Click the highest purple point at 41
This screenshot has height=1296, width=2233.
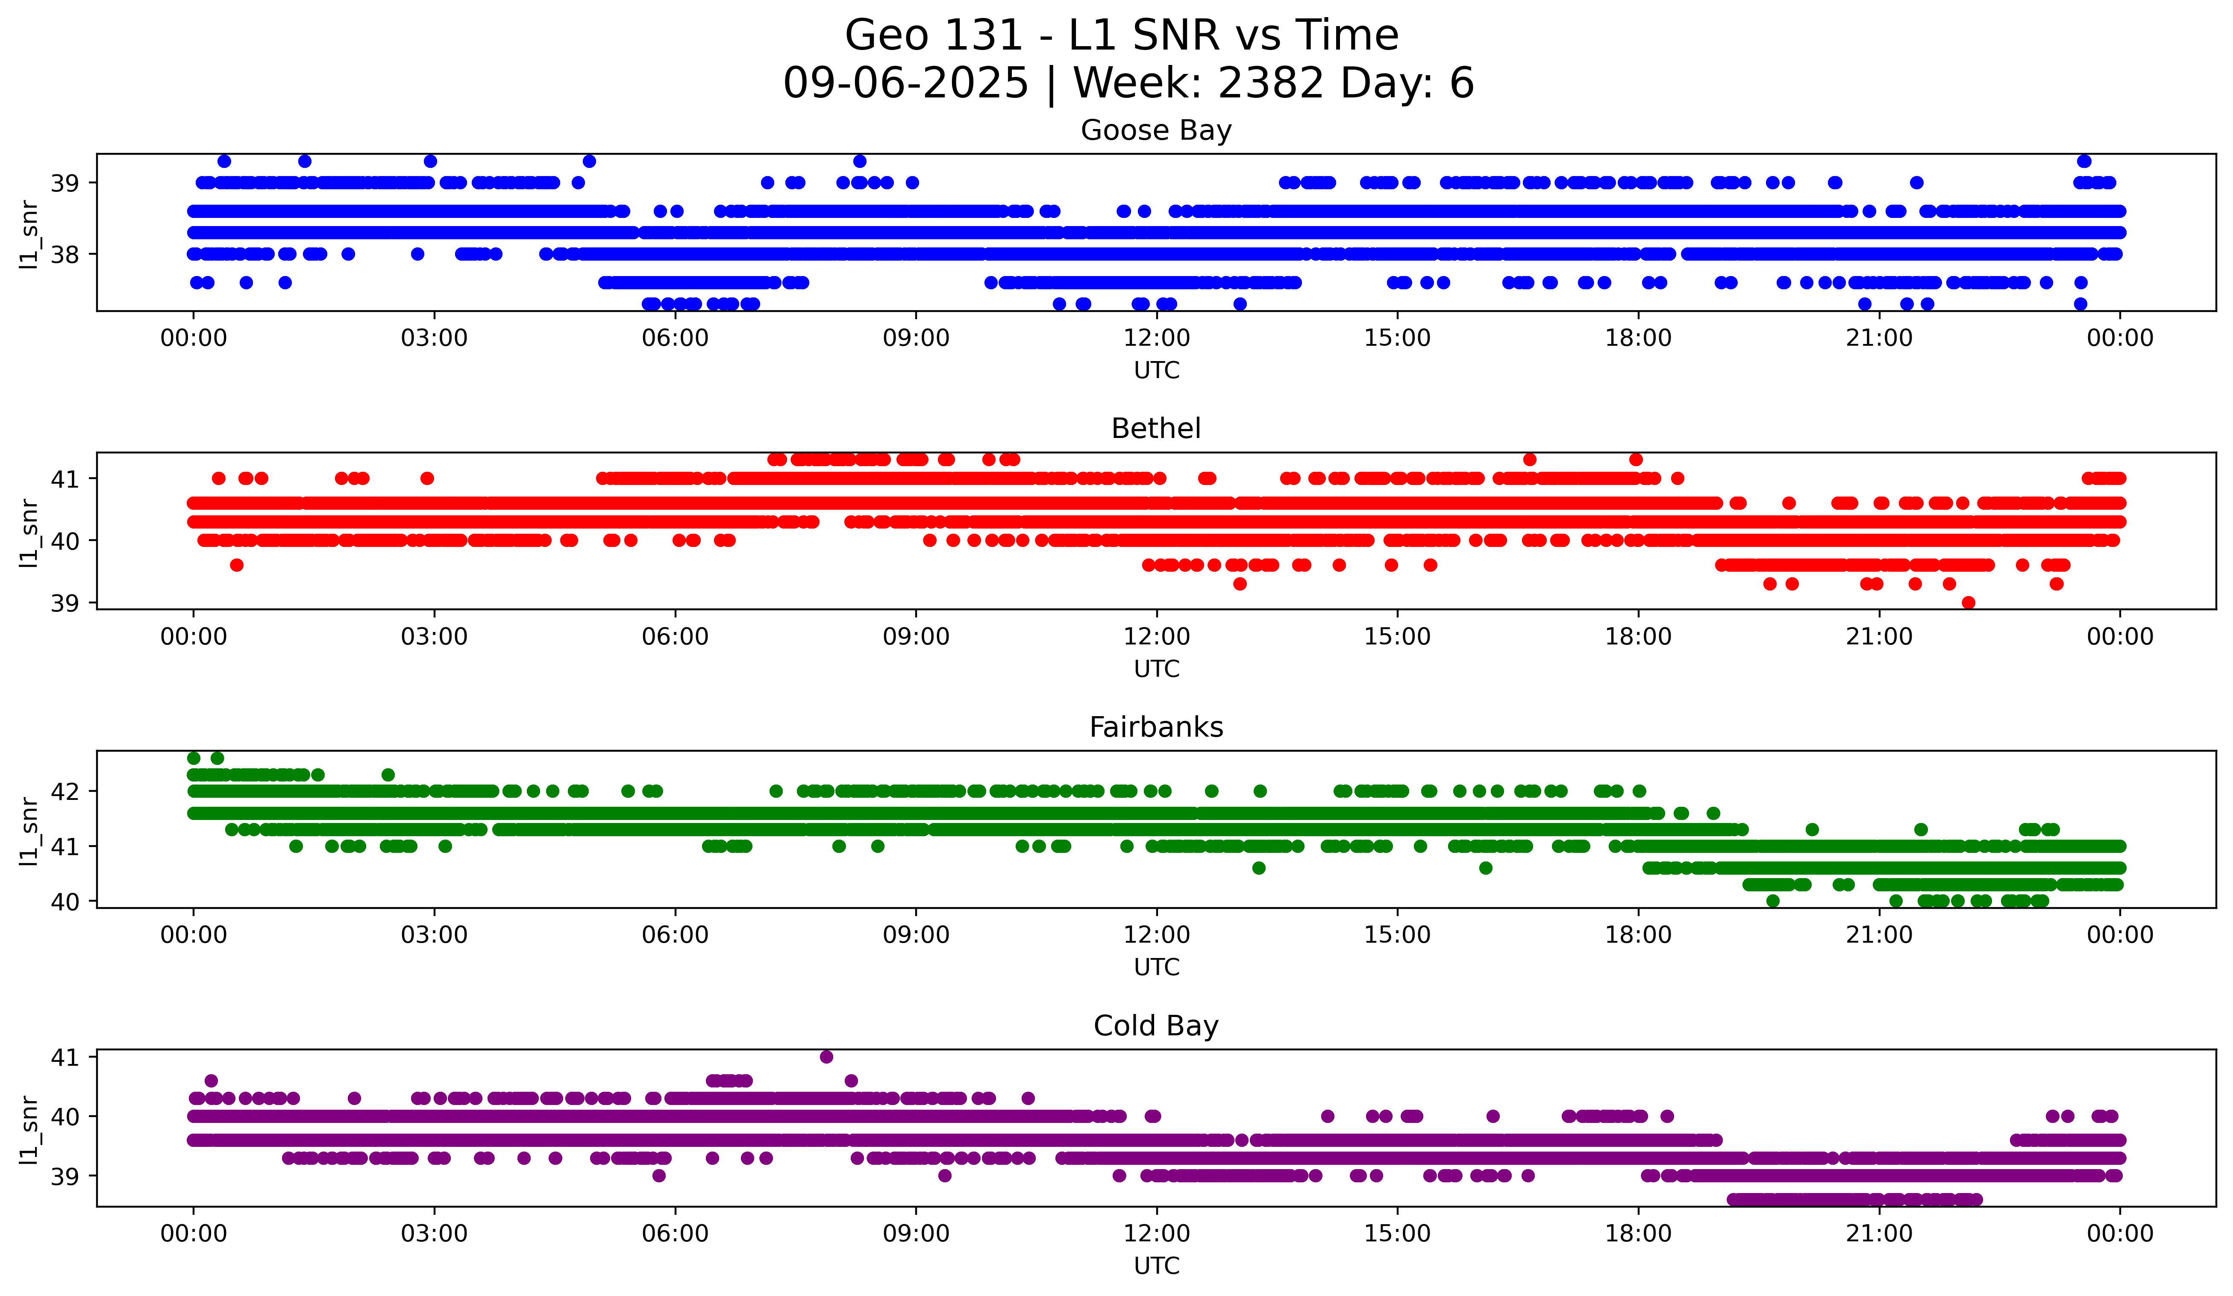pyautogui.click(x=827, y=1057)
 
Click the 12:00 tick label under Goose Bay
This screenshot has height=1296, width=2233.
pyautogui.click(x=1156, y=338)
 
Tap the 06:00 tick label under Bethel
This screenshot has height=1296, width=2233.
pyautogui.click(x=675, y=637)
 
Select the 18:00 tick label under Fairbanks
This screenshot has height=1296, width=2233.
pyautogui.click(x=1638, y=935)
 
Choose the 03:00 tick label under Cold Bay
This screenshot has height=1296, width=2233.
pyautogui.click(x=434, y=1234)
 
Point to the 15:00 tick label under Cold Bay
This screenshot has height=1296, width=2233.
pyautogui.click(x=1397, y=1234)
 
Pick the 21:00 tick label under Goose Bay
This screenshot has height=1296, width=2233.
pyautogui.click(x=1880, y=338)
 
